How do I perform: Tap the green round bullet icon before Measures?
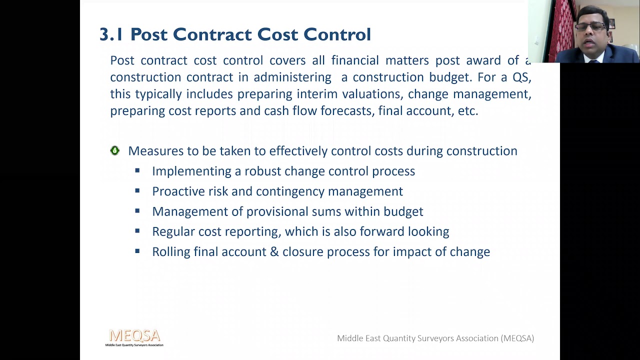tap(115, 151)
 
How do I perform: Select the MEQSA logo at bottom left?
tap(134, 337)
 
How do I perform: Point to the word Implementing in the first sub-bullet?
tap(191, 171)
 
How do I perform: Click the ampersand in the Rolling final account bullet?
tap(274, 252)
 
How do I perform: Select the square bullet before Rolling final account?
tap(137, 251)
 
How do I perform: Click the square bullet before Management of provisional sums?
tap(137, 211)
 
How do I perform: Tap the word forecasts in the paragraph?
tap(346, 111)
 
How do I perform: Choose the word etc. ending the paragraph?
tap(468, 111)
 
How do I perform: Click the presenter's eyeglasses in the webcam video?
tap(590, 26)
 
